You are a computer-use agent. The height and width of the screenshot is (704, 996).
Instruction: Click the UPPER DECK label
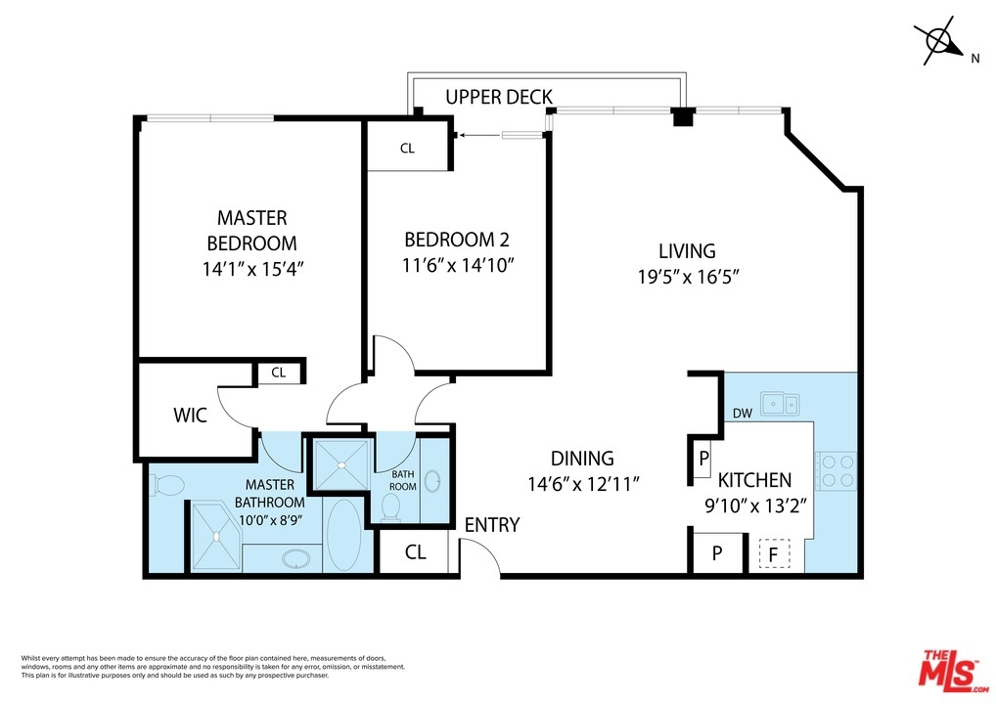pos(499,97)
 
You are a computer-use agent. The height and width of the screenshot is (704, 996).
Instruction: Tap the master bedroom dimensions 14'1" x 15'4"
pos(253,269)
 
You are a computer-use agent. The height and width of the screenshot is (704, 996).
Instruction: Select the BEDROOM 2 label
pos(457,240)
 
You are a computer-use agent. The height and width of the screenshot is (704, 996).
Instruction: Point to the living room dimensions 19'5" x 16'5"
pos(689,277)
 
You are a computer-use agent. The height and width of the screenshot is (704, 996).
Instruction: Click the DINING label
pos(582,459)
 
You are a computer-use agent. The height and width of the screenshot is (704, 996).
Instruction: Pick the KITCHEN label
pos(754,480)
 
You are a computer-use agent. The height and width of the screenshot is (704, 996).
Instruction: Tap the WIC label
pos(191,416)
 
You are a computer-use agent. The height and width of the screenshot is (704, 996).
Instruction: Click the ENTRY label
pos(492,525)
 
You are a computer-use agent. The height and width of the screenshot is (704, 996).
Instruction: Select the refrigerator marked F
pos(774,553)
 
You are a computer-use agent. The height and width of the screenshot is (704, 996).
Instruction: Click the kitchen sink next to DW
pos(781,404)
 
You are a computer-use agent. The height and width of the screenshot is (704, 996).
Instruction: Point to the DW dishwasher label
pos(743,414)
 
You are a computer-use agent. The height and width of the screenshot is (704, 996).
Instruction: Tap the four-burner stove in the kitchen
pos(838,471)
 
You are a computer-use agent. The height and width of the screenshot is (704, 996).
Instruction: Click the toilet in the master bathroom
pos(167,486)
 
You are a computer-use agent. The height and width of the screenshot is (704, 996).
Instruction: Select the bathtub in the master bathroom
pos(344,535)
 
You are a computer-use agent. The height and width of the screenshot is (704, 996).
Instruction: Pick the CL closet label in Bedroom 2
pos(407,148)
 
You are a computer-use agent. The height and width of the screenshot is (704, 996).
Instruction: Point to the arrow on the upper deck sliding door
pos(480,135)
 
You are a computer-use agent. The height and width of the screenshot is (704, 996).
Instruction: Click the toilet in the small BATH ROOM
pos(390,507)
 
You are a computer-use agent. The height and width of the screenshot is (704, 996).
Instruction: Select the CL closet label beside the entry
pos(416,552)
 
